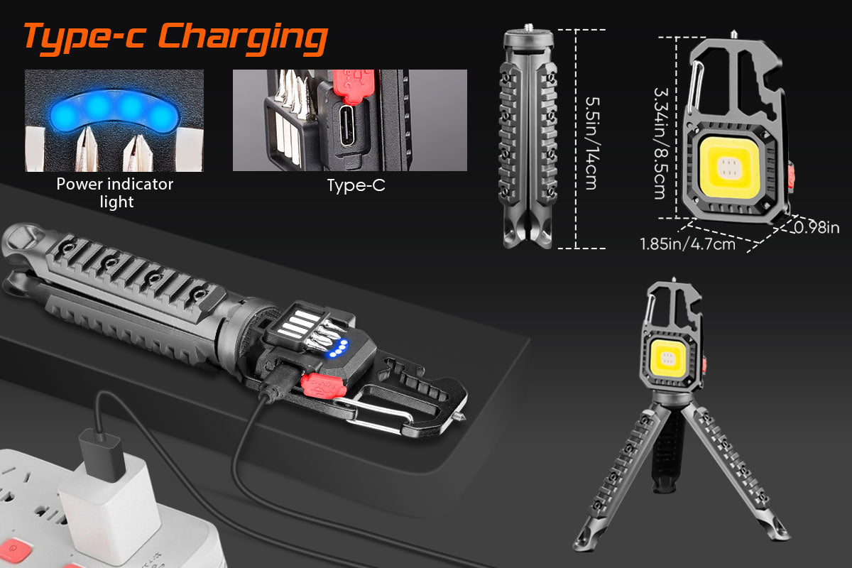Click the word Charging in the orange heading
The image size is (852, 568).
[x=243, y=38]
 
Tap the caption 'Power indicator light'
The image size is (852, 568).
[x=115, y=193]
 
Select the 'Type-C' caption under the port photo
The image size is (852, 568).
[x=356, y=185]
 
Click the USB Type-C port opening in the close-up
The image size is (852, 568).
[x=347, y=126]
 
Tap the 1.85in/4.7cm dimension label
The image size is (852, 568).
[x=687, y=244]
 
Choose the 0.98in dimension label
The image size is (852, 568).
[x=816, y=227]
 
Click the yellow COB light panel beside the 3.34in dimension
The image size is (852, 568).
[x=729, y=168]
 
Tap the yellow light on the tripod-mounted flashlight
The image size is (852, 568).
[x=668, y=359]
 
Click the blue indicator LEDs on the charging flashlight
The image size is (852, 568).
[x=338, y=349]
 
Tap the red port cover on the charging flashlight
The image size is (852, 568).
[x=323, y=386]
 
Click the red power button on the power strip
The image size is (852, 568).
[x=14, y=549]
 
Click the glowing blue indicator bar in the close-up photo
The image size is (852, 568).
[x=114, y=111]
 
